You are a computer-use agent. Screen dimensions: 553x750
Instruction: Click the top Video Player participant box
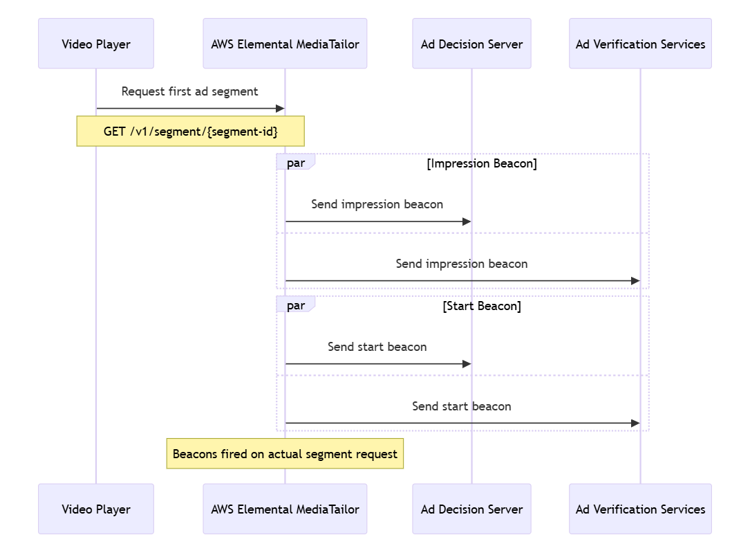click(96, 44)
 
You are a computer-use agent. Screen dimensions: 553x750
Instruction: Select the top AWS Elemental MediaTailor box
click(285, 44)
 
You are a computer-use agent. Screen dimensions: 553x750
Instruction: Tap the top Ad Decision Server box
click(471, 44)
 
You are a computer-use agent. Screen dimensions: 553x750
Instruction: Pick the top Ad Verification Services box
click(640, 44)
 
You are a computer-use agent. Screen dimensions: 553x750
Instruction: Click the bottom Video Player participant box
click(96, 509)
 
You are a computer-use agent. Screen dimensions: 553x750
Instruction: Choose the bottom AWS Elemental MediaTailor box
click(285, 509)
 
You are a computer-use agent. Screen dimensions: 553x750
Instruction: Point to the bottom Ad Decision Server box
click(471, 509)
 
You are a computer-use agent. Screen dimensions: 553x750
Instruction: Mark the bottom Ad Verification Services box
click(640, 509)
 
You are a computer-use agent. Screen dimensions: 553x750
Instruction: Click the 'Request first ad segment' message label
click(189, 91)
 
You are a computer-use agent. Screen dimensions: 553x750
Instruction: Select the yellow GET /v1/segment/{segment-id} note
click(190, 131)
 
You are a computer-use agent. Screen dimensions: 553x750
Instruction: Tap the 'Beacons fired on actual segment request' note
click(285, 454)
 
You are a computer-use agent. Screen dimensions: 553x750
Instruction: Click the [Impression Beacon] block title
click(482, 163)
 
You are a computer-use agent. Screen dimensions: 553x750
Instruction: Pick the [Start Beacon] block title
click(482, 306)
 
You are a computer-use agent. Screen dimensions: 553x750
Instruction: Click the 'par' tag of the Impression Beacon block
click(296, 163)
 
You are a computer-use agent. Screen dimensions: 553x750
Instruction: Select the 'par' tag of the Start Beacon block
click(296, 305)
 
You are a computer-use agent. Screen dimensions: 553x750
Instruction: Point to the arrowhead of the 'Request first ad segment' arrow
click(280, 108)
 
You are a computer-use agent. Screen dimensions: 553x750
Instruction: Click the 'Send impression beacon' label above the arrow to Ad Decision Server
click(377, 204)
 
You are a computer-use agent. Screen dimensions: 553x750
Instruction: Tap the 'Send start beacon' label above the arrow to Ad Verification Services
click(462, 406)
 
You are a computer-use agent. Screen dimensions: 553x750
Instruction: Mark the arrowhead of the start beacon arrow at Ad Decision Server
click(467, 363)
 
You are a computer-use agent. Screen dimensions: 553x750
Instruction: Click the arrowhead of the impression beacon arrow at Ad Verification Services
click(635, 280)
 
